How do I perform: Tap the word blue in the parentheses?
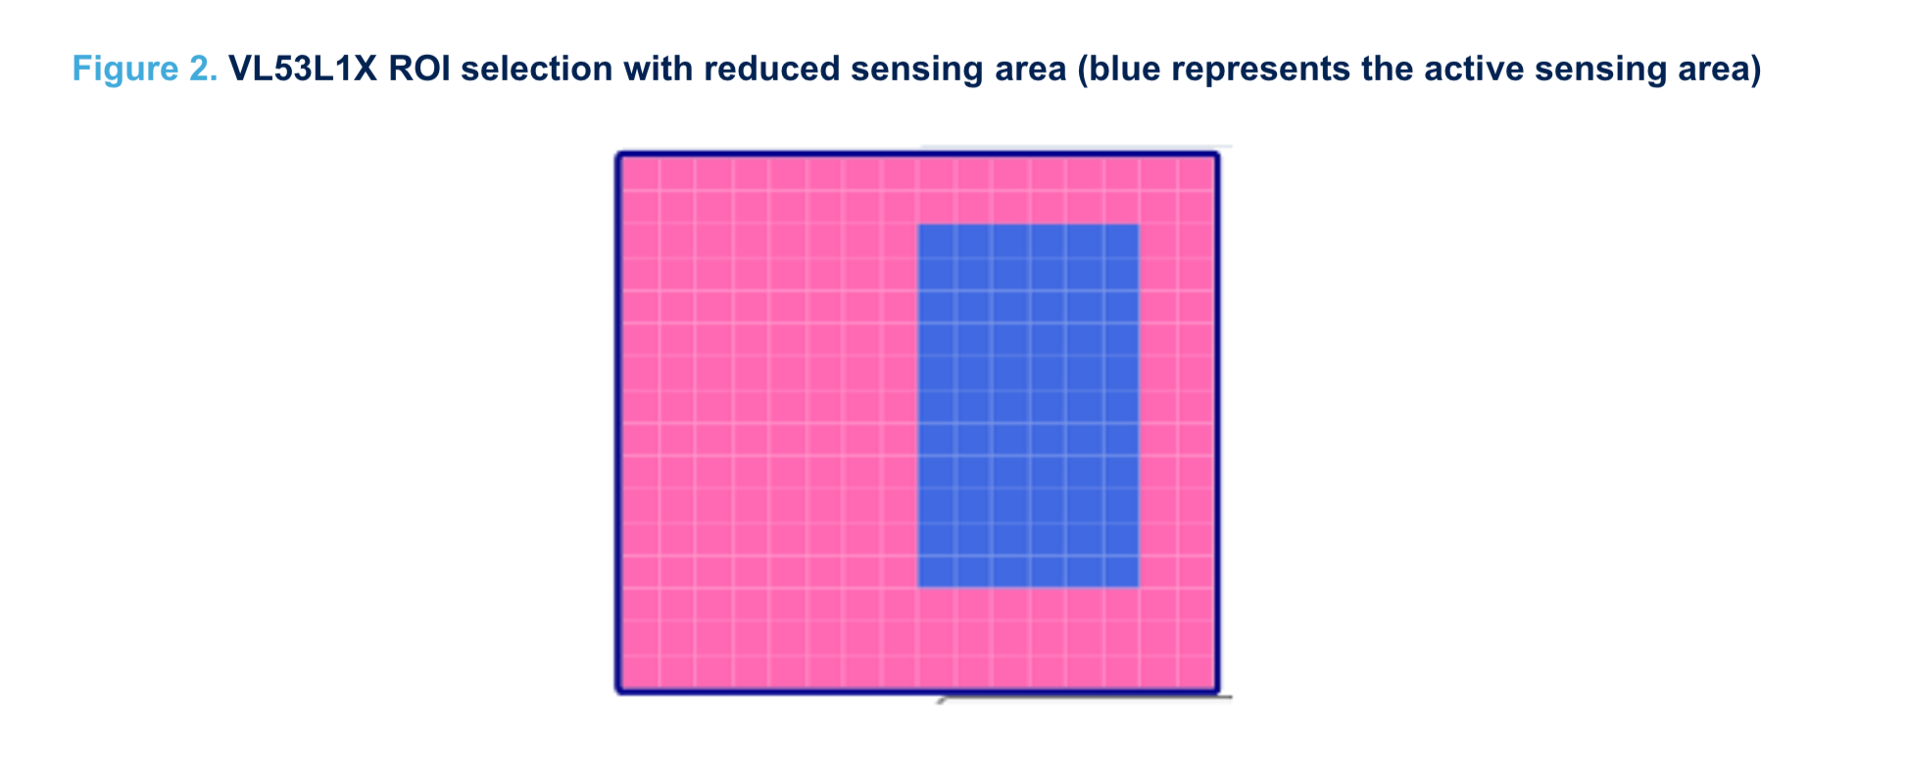tap(1121, 70)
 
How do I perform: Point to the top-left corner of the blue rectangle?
tap(918, 224)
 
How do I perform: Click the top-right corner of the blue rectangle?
tap(1139, 224)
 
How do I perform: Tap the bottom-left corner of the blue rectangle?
tap(918, 587)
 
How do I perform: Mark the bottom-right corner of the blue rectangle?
tap(1139, 587)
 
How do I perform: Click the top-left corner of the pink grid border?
tap(618, 154)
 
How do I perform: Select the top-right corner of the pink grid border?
tap(1218, 154)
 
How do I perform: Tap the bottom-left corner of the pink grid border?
tap(618, 693)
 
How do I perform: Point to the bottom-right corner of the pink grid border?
tap(1218, 693)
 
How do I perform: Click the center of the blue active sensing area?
tap(1028, 406)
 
